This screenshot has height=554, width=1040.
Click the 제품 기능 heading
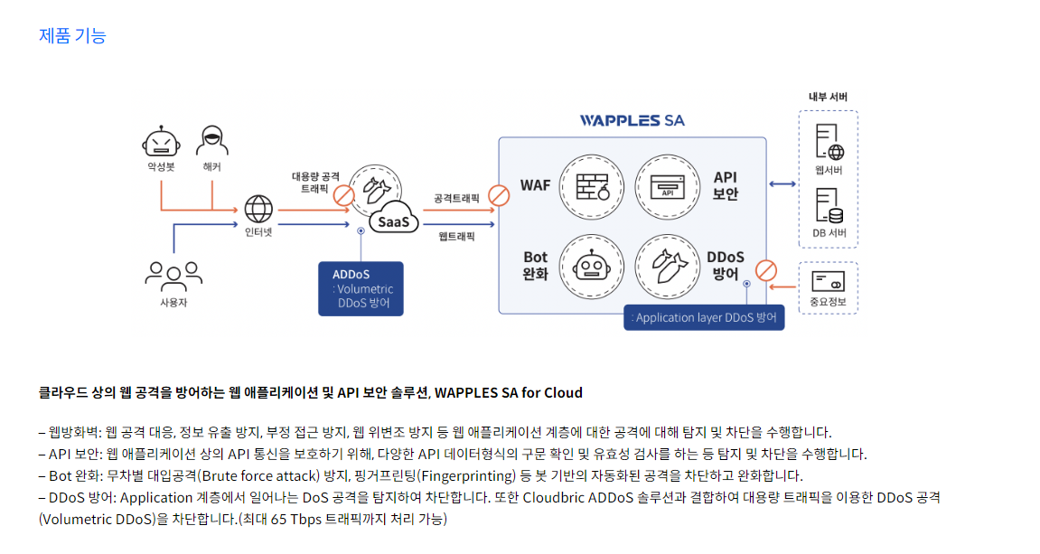(x=72, y=36)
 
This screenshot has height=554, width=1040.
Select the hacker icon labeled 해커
(x=211, y=141)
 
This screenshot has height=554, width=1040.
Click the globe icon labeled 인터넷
(x=258, y=209)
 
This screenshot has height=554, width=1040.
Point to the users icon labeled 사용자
(x=173, y=275)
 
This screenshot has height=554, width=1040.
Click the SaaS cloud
(x=393, y=221)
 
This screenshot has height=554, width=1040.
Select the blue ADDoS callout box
(x=361, y=289)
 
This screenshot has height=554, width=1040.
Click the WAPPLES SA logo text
(x=632, y=120)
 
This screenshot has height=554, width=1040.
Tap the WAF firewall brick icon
(x=592, y=185)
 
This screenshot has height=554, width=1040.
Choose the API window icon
(x=668, y=186)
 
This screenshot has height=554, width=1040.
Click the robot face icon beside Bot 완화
(x=592, y=265)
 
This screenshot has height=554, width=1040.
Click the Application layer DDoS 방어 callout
(x=704, y=318)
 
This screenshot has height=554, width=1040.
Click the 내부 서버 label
(x=828, y=97)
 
